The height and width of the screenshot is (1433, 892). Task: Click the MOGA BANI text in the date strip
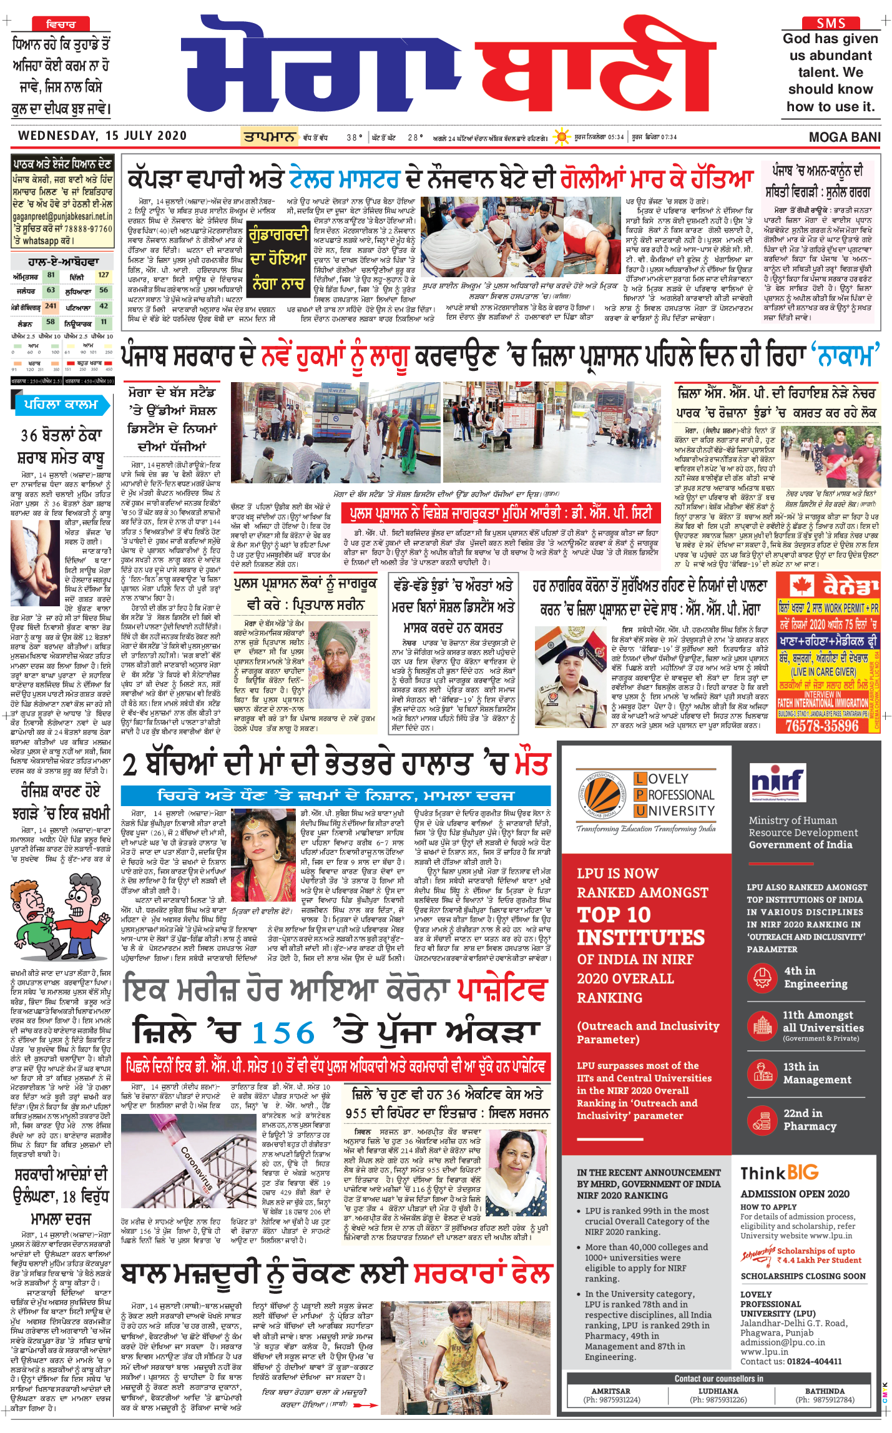(x=844, y=137)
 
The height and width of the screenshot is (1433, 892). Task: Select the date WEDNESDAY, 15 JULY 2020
(x=102, y=136)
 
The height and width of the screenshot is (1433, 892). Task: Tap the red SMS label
(x=830, y=23)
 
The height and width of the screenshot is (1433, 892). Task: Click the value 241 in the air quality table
(x=51, y=306)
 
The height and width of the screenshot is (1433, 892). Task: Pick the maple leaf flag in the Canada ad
(x=801, y=586)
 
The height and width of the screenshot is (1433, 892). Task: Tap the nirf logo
(x=776, y=782)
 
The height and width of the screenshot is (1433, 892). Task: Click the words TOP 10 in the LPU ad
(x=614, y=915)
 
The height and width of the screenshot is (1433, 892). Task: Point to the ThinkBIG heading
(x=779, y=1173)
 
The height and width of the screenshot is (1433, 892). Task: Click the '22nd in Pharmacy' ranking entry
(x=809, y=1120)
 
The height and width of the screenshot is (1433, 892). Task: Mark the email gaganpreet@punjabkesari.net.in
(x=62, y=216)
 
